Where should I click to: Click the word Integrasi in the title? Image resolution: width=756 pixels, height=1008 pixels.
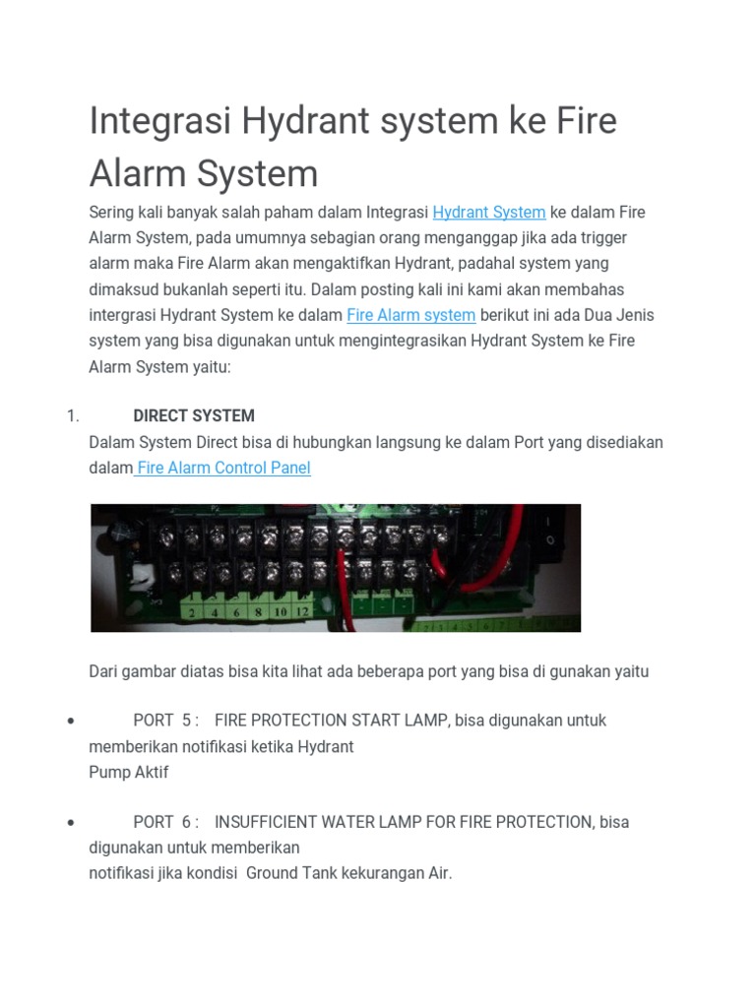click(x=157, y=123)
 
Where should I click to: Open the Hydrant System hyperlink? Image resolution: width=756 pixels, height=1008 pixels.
click(x=489, y=212)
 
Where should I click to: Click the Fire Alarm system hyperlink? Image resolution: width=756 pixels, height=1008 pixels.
click(x=411, y=315)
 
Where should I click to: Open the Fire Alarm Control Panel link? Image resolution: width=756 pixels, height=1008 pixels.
click(x=223, y=468)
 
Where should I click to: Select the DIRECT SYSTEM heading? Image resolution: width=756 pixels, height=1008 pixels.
click(x=194, y=415)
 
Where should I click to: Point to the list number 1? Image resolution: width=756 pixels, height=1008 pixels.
click(x=73, y=415)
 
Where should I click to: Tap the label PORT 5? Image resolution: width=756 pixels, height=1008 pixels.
click(x=166, y=720)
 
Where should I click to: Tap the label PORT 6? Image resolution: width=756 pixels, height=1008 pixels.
click(x=166, y=821)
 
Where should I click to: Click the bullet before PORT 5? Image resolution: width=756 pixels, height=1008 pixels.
click(x=71, y=721)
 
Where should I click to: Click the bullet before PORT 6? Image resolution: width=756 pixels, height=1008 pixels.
click(x=71, y=822)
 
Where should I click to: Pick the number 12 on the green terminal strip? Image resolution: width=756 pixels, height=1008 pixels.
click(x=302, y=611)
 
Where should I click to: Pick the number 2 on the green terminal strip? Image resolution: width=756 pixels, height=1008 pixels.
click(x=191, y=611)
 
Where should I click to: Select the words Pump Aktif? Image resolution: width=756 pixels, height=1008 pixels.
click(x=129, y=772)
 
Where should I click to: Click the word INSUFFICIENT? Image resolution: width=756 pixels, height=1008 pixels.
click(x=268, y=821)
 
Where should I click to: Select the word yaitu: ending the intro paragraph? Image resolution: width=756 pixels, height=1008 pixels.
click(x=209, y=366)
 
